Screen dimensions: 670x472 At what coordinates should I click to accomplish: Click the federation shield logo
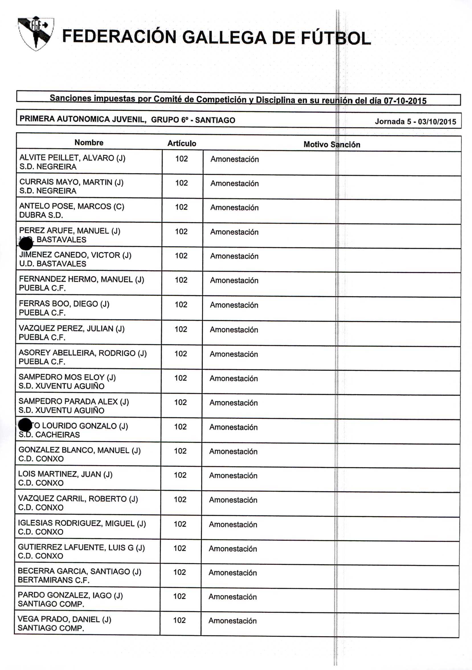click(x=36, y=33)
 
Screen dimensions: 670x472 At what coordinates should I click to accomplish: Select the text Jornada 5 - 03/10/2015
click(x=415, y=121)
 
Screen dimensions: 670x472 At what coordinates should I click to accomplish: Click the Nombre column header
click(x=89, y=142)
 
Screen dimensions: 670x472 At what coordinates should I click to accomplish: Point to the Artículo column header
click(x=181, y=143)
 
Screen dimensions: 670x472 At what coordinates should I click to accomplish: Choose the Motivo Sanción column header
click(x=332, y=144)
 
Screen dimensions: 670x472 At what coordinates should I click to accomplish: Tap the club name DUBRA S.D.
click(x=41, y=215)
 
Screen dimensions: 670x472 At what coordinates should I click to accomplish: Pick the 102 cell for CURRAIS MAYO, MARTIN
click(x=181, y=183)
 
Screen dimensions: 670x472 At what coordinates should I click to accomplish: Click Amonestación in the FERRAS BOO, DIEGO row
click(x=234, y=305)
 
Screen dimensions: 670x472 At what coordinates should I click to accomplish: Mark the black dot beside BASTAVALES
click(x=26, y=243)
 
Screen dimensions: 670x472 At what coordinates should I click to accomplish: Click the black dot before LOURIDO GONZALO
click(x=25, y=425)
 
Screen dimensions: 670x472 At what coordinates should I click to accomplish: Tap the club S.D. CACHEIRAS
click(x=49, y=435)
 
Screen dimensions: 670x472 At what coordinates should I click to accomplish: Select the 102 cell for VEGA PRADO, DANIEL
click(x=179, y=620)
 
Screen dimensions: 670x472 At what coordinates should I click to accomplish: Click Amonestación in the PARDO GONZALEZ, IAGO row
click(x=232, y=597)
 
